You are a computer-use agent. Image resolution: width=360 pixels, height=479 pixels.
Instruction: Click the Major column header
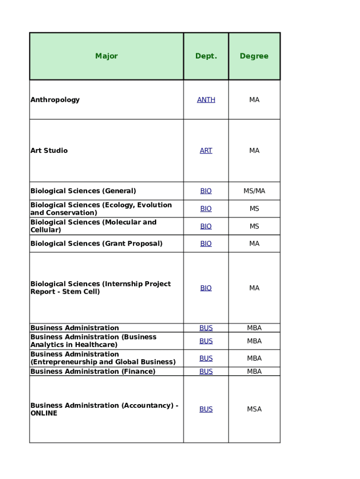coord(107,56)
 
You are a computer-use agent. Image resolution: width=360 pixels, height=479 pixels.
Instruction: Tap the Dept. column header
coord(206,56)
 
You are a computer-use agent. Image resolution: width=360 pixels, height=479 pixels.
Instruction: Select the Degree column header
coord(254,56)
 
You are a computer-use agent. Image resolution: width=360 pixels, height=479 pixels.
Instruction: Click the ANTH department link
coord(206,100)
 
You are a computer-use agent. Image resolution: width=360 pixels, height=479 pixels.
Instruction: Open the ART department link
coord(206,151)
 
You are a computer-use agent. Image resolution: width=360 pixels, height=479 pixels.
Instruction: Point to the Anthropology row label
coord(55,100)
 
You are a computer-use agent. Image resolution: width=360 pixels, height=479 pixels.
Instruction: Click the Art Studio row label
coord(49,151)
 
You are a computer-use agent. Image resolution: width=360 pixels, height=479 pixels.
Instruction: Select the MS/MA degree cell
coord(254,191)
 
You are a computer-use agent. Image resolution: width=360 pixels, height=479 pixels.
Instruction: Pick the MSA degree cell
coord(254,409)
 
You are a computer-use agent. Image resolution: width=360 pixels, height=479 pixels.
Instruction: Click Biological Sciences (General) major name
coord(83,191)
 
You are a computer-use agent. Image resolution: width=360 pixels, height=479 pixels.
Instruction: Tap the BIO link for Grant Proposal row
coord(206,244)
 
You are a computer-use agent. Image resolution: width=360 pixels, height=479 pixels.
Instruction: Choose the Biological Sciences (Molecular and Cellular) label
coord(94,226)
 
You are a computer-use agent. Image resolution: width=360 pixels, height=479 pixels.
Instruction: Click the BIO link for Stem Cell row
coord(206,288)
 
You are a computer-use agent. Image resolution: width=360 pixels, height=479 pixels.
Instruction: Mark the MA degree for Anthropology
coord(254,100)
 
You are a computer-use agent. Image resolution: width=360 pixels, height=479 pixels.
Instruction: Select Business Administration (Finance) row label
coord(93,371)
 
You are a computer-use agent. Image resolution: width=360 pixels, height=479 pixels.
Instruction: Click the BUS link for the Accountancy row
coord(206,409)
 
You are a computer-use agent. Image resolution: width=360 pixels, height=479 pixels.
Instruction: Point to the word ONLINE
coord(44,414)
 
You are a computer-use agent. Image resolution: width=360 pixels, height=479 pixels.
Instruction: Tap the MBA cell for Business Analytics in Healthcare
coord(254,341)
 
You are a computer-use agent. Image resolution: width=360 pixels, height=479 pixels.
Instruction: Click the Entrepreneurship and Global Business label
coord(103,362)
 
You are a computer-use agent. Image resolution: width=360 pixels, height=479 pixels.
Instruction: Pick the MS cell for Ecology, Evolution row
coord(254,209)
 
